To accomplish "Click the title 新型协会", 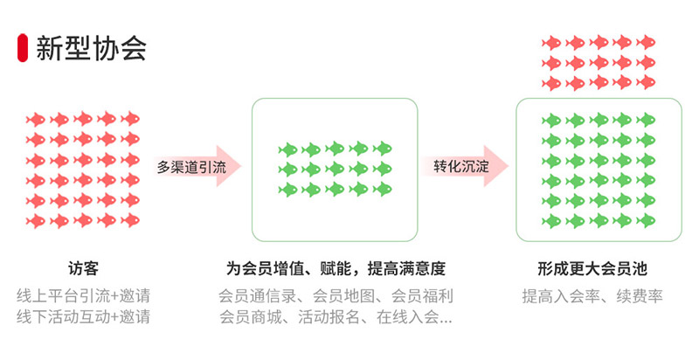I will pos(91,47).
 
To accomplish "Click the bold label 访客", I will pos(83,268).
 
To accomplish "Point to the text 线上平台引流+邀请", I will pos(83,294).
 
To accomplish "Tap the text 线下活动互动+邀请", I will pos(83,316).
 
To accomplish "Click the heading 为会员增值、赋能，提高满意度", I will pos(336,268).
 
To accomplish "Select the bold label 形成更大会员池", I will pos(598,268).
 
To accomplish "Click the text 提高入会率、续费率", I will pos(598,294).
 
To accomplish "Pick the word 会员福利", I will pos(422,294).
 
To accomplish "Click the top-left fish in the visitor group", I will pos(35,119).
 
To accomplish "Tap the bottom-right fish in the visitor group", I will pos(129,220).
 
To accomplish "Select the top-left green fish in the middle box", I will pos(288,149).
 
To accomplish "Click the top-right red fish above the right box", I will pos(646,42).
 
